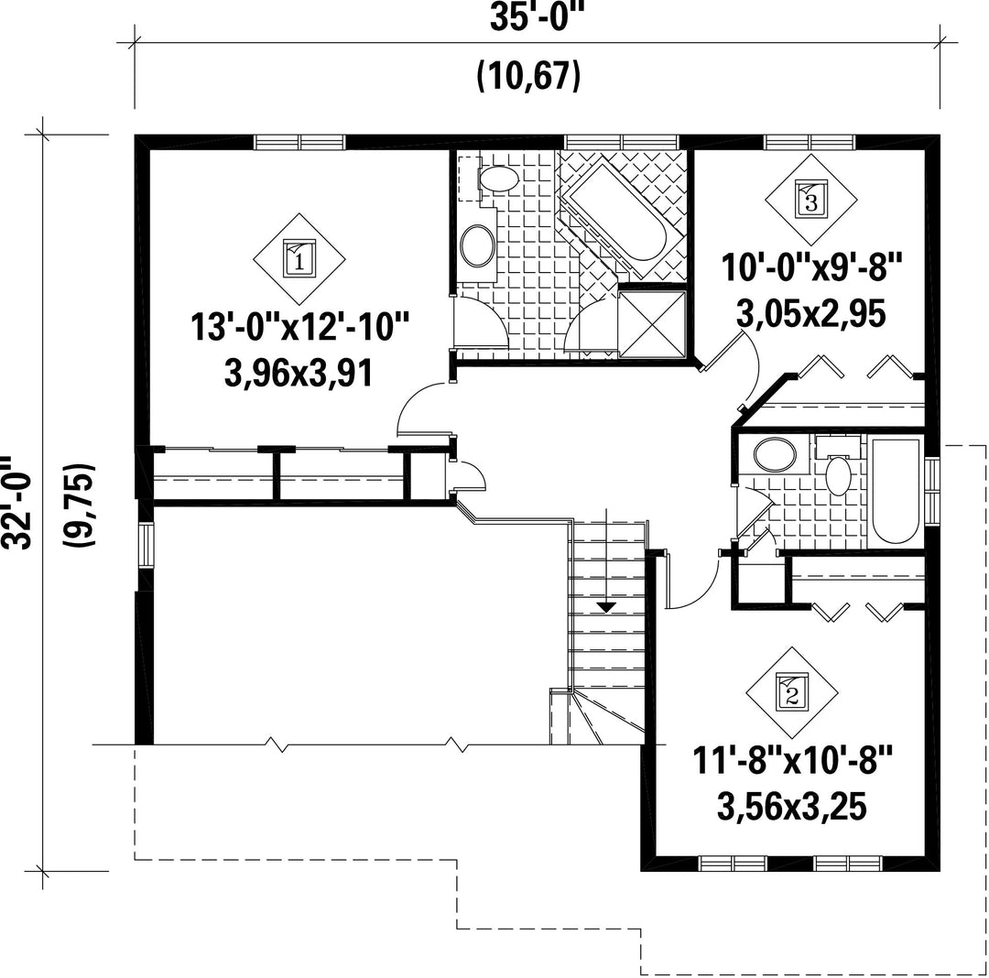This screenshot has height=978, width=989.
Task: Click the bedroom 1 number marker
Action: point(299,258)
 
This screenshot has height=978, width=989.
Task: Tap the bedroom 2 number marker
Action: point(792,693)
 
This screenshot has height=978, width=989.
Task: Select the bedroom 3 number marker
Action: point(811,200)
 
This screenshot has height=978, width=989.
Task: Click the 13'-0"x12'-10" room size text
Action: point(300,328)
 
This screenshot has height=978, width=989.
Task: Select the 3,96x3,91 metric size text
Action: point(299,373)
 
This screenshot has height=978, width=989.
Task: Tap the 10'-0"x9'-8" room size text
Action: point(812,267)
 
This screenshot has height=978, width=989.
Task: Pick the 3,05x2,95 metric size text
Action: point(811,313)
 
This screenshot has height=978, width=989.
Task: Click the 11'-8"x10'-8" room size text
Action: point(793,760)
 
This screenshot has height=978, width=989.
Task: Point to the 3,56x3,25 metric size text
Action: point(792,807)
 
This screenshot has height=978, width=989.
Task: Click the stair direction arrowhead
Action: point(606,607)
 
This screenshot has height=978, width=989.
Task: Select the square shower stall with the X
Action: point(652,323)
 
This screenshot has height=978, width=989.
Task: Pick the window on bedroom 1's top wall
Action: point(299,142)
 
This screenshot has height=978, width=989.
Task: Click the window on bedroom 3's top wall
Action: point(810,142)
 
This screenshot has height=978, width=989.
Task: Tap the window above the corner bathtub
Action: point(621,142)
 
